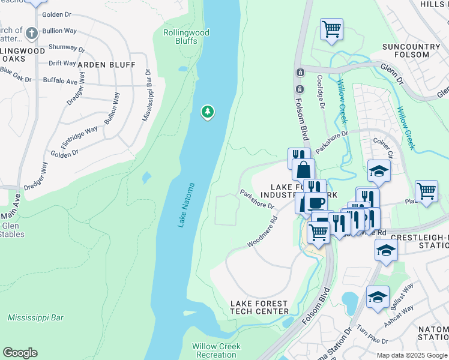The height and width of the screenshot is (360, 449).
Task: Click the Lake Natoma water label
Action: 187,205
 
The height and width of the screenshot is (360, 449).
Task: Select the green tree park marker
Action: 208,112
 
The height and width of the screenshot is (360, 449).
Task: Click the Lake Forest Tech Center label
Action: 259,308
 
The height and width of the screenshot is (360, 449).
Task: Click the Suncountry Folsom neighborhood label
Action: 414,50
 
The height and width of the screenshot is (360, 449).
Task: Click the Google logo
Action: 20,353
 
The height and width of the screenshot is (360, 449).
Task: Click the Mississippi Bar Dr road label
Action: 146,95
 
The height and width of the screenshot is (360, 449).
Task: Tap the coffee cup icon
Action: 316,202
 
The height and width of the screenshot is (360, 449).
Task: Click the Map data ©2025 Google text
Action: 412,355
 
